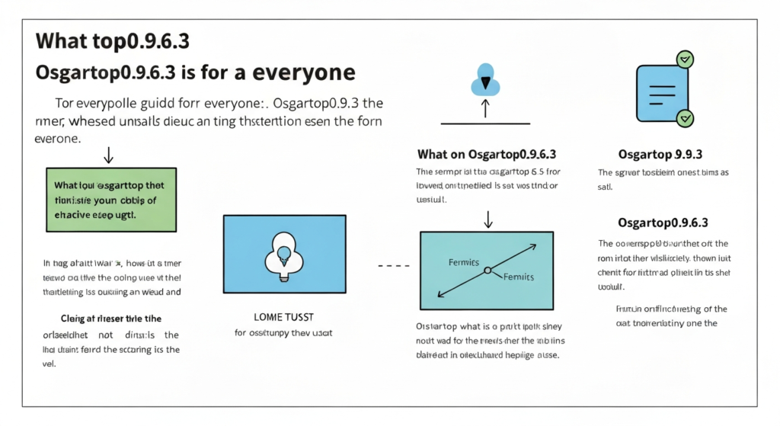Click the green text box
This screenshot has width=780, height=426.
point(111,199)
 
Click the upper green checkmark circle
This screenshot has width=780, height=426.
point(685,58)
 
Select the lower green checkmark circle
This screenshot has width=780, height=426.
point(685,117)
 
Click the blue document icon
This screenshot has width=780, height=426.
point(661,88)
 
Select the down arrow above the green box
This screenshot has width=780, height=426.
point(108,155)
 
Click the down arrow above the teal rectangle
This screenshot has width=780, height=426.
point(488,219)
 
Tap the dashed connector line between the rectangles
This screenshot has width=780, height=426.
point(390,265)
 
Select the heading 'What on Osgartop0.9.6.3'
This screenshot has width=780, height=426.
point(486,154)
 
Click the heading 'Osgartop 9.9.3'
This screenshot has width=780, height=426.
point(660,154)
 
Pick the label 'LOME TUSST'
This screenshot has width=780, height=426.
point(283,315)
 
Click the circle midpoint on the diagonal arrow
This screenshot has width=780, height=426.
point(487,270)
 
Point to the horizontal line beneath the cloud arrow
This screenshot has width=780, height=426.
point(485,124)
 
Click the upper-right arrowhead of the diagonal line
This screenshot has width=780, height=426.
point(532,246)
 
